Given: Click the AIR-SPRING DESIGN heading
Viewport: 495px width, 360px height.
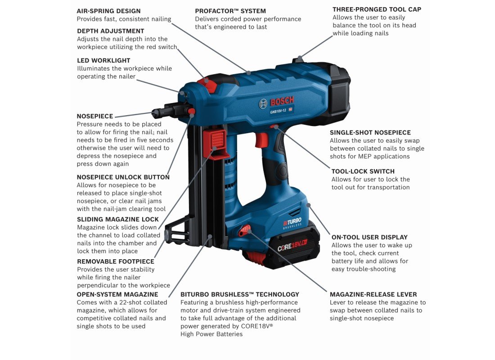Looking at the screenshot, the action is pyautogui.click(x=108, y=11).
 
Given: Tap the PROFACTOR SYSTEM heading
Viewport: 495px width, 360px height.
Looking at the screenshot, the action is pyautogui.click(x=230, y=11).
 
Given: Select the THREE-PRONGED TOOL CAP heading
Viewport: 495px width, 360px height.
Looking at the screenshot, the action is pyautogui.click(x=377, y=9).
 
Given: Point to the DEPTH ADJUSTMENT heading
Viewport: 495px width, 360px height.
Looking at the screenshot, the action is pyautogui.click(x=111, y=31).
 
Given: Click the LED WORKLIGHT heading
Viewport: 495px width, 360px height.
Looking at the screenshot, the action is pyautogui.click(x=103, y=60).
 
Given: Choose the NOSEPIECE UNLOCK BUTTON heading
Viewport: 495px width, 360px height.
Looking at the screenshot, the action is pyautogui.click(x=123, y=177).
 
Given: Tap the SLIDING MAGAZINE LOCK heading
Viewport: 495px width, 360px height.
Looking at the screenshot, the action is pyautogui.click(x=118, y=219).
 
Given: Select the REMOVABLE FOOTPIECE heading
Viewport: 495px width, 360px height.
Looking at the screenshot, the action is pyautogui.click(x=116, y=261).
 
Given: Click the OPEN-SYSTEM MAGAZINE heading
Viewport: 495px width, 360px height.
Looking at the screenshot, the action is pyautogui.click(x=117, y=294).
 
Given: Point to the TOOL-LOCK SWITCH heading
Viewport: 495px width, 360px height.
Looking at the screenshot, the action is pyautogui.click(x=363, y=171).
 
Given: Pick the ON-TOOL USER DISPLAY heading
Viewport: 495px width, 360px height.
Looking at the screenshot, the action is pyautogui.click(x=369, y=237).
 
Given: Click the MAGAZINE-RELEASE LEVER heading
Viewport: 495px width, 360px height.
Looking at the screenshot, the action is pyautogui.click(x=373, y=294).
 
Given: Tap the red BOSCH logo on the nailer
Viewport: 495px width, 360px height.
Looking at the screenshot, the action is pyautogui.click(x=282, y=101).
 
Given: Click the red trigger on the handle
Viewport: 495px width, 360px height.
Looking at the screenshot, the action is pyautogui.click(x=262, y=140).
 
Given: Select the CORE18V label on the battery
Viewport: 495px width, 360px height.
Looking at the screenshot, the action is pyautogui.click(x=292, y=245).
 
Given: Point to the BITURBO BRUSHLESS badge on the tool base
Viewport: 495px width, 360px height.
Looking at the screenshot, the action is pyautogui.click(x=292, y=223).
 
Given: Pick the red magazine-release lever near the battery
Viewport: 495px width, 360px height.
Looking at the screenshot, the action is pyautogui.click(x=244, y=230).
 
